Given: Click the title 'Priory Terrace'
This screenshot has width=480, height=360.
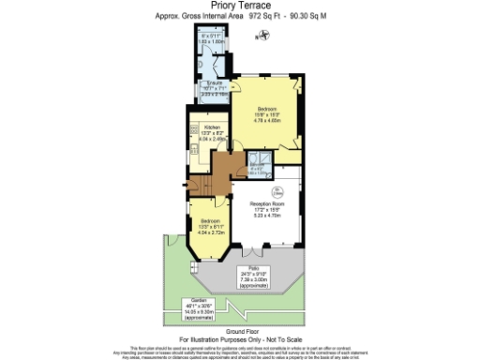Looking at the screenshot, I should point(240,6).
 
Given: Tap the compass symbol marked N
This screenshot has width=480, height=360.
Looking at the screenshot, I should point(264,36).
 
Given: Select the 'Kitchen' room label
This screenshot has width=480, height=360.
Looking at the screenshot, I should point(213,126).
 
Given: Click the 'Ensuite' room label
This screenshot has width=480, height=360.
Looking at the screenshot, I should point(214,83).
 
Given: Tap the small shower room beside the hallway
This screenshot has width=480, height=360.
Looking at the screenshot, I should point(257,167).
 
